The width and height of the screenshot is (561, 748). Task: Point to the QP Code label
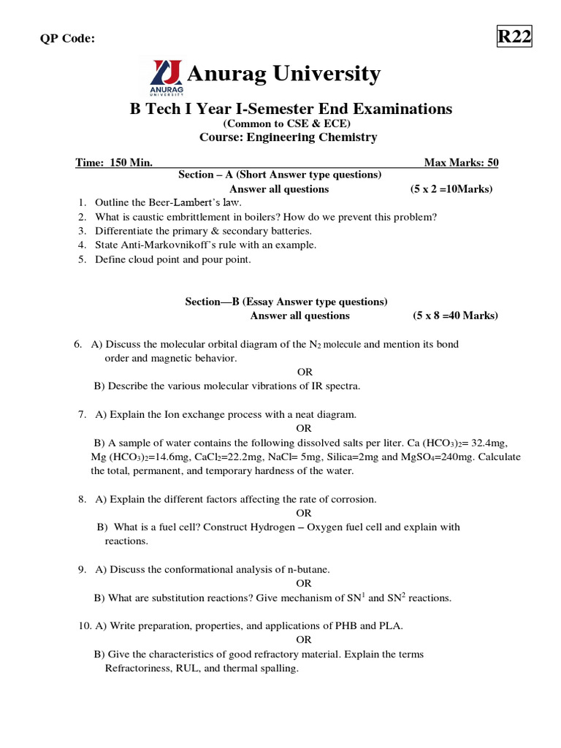click(x=67, y=39)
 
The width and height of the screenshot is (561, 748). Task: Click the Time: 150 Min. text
click(x=114, y=162)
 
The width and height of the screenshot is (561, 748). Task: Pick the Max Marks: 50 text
click(x=461, y=162)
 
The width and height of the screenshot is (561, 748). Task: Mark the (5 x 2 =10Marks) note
click(x=451, y=189)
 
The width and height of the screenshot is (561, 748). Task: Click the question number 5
click(x=83, y=259)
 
